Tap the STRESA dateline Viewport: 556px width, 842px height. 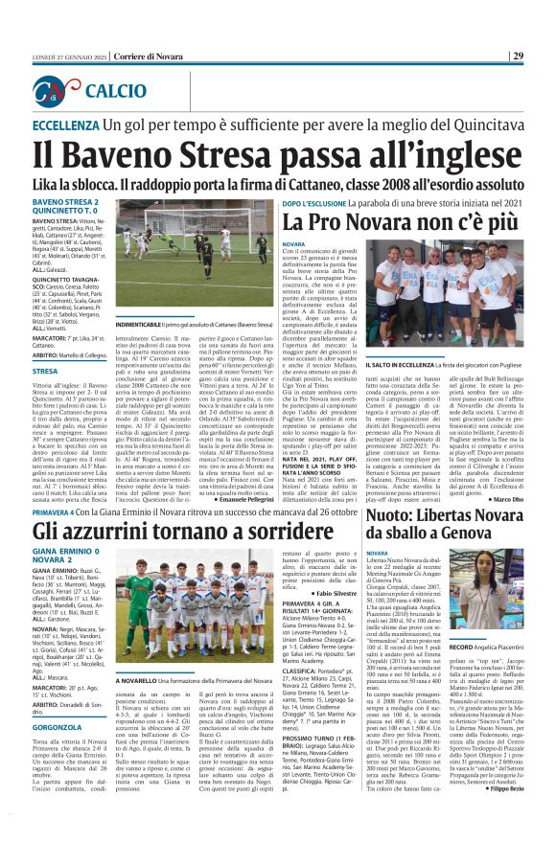pyautogui.click(x=45, y=370)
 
